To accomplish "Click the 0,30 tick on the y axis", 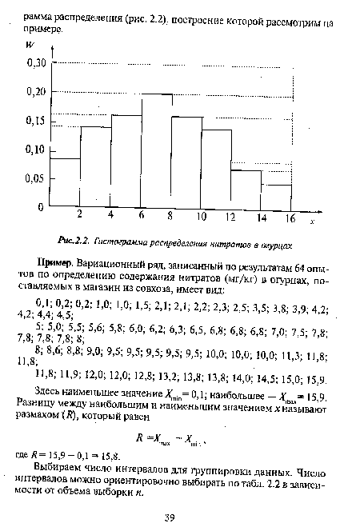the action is (36, 62).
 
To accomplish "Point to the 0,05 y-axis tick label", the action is (36, 178).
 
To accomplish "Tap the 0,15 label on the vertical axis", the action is (36, 121).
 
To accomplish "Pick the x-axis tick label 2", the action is (80, 215).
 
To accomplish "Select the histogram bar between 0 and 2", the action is (65, 182).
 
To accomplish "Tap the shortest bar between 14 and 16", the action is (279, 196).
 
